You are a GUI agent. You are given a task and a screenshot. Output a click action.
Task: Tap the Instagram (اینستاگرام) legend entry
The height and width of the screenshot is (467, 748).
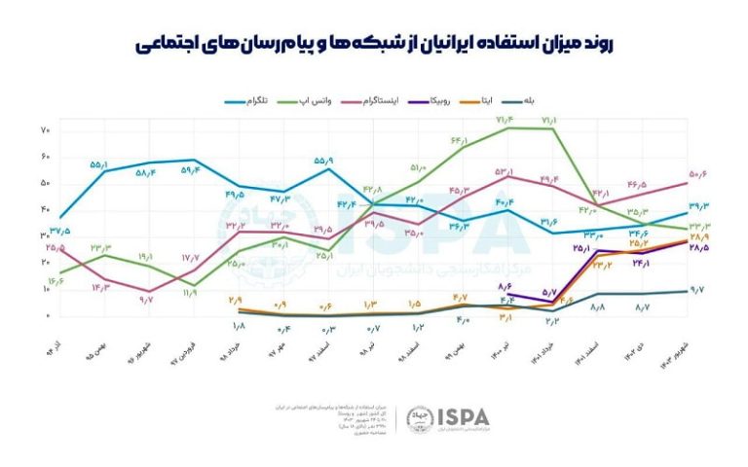pyautogui.click(x=393, y=100)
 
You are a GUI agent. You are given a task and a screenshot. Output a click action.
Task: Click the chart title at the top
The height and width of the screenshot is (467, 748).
pyautogui.click(x=374, y=44)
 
